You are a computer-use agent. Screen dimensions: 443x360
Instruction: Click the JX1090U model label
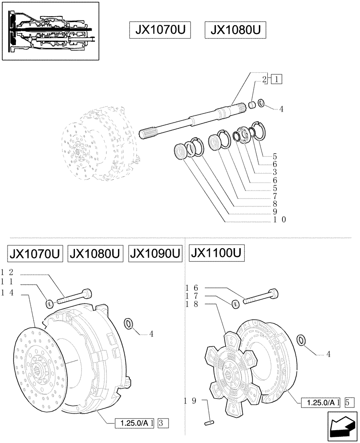tap(155, 255)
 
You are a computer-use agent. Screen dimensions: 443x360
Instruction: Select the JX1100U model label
tap(217, 254)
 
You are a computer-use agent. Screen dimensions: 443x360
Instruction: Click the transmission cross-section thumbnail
tap(51, 30)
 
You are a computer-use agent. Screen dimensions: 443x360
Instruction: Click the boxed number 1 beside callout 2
tap(277, 80)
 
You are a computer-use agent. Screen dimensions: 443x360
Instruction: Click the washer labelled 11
tap(50, 304)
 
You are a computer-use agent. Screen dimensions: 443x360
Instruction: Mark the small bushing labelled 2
tap(251, 105)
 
